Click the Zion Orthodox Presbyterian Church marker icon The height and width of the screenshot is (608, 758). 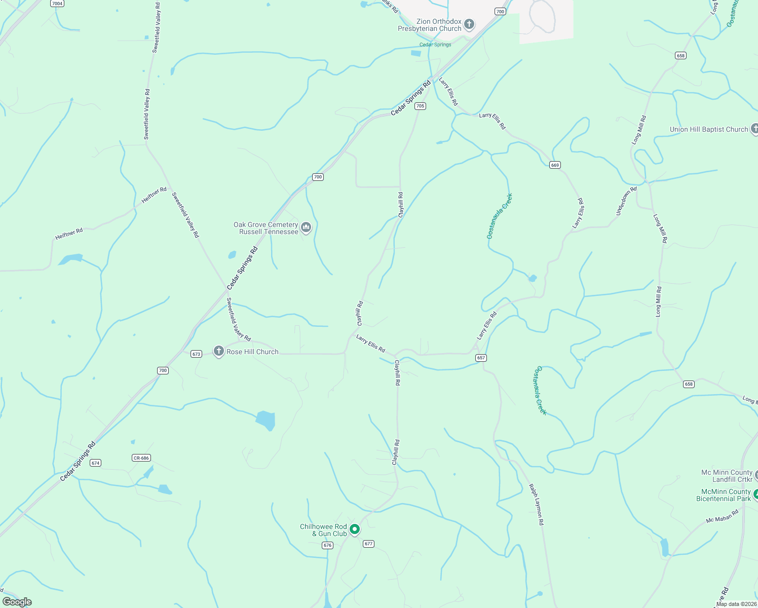[x=469, y=24]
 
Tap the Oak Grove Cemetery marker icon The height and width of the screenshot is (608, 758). [x=306, y=227]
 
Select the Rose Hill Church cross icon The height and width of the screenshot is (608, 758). [x=218, y=351]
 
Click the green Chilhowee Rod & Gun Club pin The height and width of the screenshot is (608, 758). [x=355, y=529]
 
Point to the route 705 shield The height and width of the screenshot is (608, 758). [x=420, y=106]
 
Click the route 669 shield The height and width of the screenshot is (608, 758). [x=555, y=165]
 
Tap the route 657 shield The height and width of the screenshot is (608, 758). [x=481, y=358]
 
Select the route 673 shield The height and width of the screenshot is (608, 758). [x=197, y=354]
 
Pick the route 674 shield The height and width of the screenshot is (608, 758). [x=95, y=463]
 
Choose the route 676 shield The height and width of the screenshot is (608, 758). [x=327, y=545]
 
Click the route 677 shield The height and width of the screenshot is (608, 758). [x=368, y=544]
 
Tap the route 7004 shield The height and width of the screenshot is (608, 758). [x=57, y=4]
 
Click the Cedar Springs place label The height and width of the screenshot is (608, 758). [x=435, y=45]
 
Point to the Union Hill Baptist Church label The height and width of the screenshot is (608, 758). [x=708, y=129]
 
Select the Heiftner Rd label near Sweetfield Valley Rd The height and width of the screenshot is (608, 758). [x=154, y=195]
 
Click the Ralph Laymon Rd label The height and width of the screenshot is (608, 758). [x=536, y=504]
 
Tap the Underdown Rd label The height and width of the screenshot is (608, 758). [x=626, y=201]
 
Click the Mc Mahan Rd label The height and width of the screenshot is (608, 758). [x=722, y=516]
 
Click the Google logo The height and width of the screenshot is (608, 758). [x=17, y=602]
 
